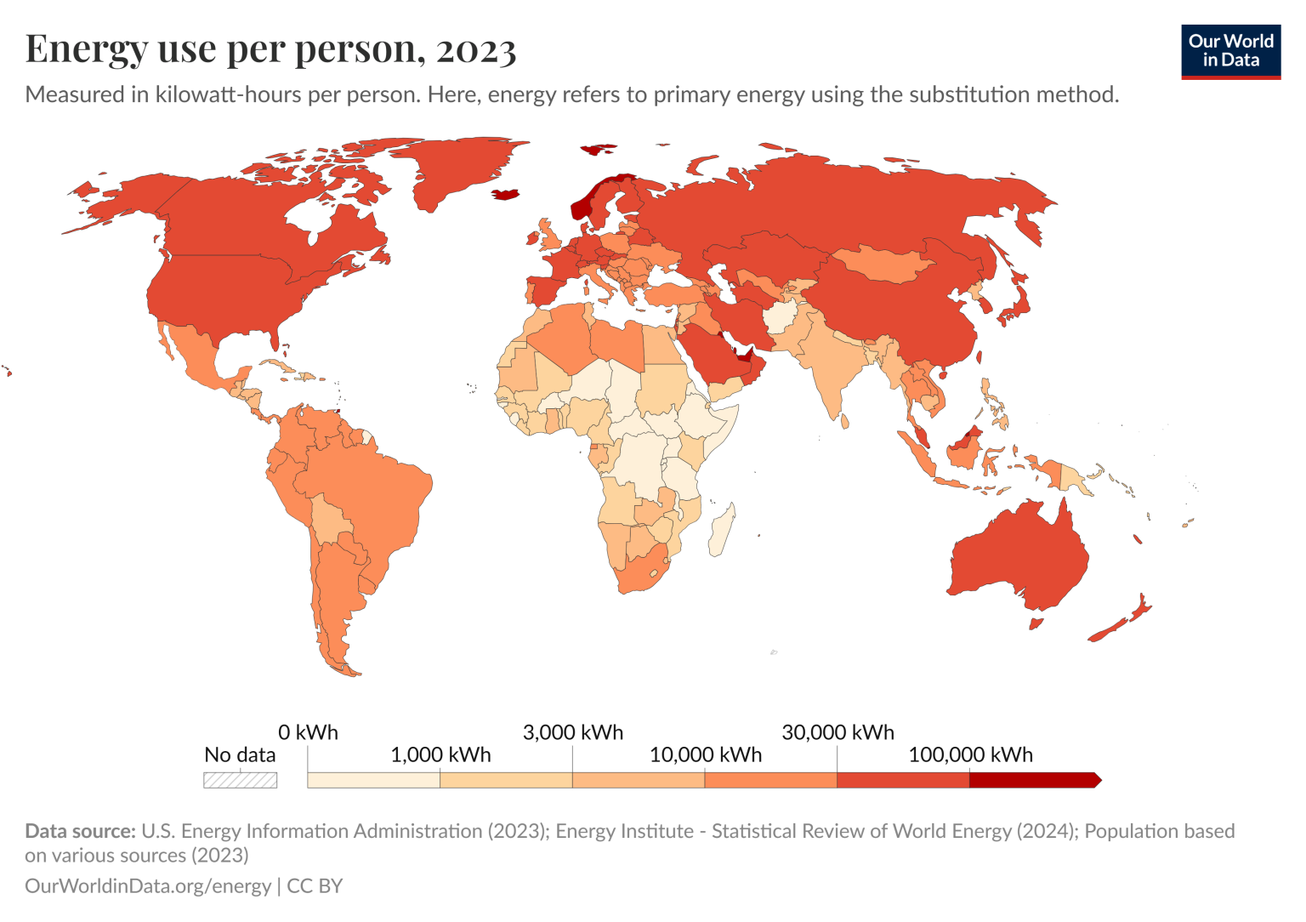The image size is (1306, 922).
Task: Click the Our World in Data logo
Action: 1230,51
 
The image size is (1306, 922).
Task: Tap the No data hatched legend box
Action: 240,780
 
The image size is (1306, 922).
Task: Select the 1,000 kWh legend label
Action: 440,754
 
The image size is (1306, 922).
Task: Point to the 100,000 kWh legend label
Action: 970,754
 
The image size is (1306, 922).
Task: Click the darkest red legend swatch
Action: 1033,780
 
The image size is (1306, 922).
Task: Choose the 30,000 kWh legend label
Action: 838,732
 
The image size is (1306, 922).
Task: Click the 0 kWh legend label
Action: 308,732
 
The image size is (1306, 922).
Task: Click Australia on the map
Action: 1020,553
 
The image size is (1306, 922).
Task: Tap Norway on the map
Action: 583,204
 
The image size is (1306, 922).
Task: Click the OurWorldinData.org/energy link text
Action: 148,885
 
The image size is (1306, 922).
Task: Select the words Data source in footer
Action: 80,831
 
